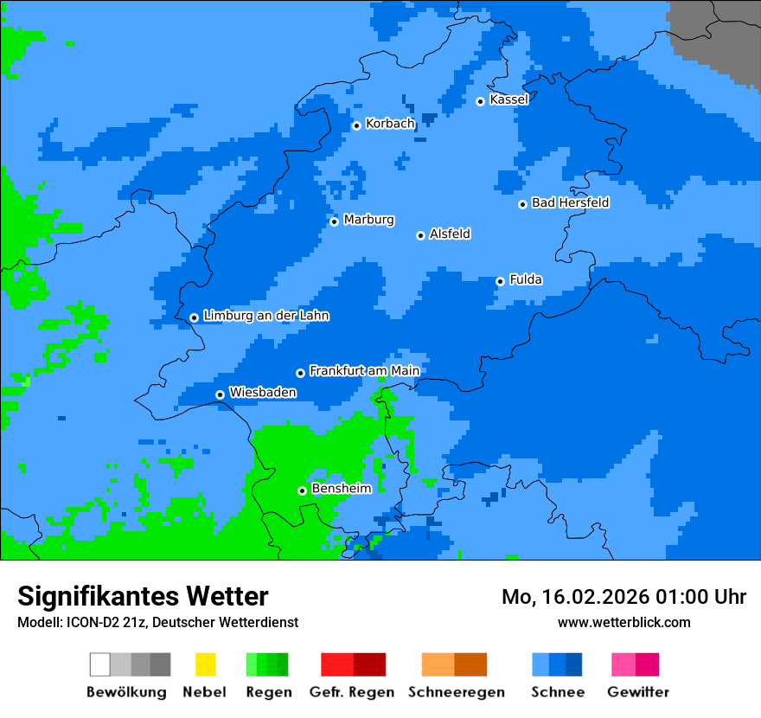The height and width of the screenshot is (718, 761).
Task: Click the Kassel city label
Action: tap(508, 99)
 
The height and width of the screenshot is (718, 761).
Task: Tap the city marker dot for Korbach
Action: tap(356, 125)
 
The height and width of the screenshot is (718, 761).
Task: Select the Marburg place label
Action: tap(368, 220)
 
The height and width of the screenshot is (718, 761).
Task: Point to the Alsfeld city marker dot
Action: tap(421, 235)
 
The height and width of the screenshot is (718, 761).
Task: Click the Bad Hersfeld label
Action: tap(570, 202)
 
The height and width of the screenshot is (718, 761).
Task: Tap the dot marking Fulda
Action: tap(500, 281)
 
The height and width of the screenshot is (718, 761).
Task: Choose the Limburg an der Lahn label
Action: tap(265, 316)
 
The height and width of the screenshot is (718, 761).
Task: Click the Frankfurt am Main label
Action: tap(364, 371)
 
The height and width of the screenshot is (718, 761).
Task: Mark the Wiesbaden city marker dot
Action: tap(221, 394)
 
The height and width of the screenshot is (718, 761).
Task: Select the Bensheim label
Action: tap(341, 489)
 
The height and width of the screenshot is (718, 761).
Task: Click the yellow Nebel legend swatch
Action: tap(205, 664)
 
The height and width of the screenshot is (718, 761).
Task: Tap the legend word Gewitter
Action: tap(637, 692)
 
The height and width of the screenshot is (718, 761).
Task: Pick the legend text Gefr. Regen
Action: tap(352, 692)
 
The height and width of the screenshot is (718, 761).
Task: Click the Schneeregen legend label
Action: tap(456, 692)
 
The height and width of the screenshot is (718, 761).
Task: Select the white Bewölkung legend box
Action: tap(100, 664)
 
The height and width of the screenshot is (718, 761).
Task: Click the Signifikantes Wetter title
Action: tap(143, 596)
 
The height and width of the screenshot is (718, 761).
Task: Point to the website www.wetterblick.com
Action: tap(624, 622)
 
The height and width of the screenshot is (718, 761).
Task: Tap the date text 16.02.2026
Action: tap(592, 597)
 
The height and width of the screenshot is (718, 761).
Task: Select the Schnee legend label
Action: tap(557, 692)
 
